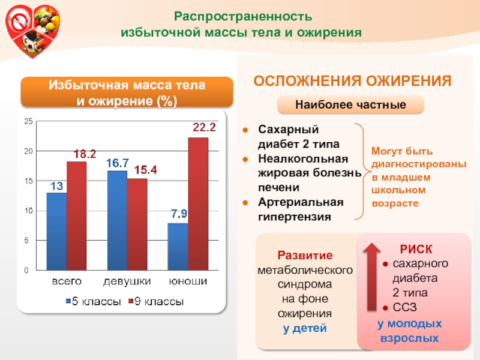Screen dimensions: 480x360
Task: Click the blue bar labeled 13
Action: pyautogui.click(x=56, y=232)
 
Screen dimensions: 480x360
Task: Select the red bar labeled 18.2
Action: pyautogui.click(x=77, y=216)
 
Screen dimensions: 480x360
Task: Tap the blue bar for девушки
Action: pyautogui.click(x=117, y=220)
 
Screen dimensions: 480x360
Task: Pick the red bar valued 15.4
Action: pyautogui.click(x=137, y=224)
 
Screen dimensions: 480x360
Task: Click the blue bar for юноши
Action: pyautogui.click(x=178, y=247)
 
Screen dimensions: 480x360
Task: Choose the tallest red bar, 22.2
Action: pyautogui.click(x=198, y=204)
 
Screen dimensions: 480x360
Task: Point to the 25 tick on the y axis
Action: pyautogui.click(x=28, y=121)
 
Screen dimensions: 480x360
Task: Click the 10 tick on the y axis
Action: pyautogui.click(x=28, y=211)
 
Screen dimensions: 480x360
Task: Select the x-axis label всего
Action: pyautogui.click(x=67, y=281)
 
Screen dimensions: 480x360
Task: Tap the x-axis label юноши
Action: pyautogui.click(x=188, y=281)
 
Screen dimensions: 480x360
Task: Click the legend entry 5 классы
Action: pyautogui.click(x=94, y=302)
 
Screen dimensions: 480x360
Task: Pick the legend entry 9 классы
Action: pyautogui.click(x=156, y=302)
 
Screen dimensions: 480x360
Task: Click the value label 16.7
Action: pyautogui.click(x=118, y=163)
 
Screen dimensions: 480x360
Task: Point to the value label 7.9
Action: pyautogui.click(x=179, y=214)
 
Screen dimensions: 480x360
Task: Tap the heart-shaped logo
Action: pyautogui.click(x=33, y=31)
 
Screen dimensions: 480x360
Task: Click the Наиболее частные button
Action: pyautogui.click(x=350, y=104)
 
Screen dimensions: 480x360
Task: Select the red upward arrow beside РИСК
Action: pyautogui.click(x=371, y=277)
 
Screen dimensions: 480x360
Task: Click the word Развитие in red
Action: pyautogui.click(x=305, y=255)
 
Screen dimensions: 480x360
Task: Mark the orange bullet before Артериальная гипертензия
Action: pyautogui.click(x=245, y=203)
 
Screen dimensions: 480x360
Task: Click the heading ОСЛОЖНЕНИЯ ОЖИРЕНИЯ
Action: pyautogui.click(x=352, y=81)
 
